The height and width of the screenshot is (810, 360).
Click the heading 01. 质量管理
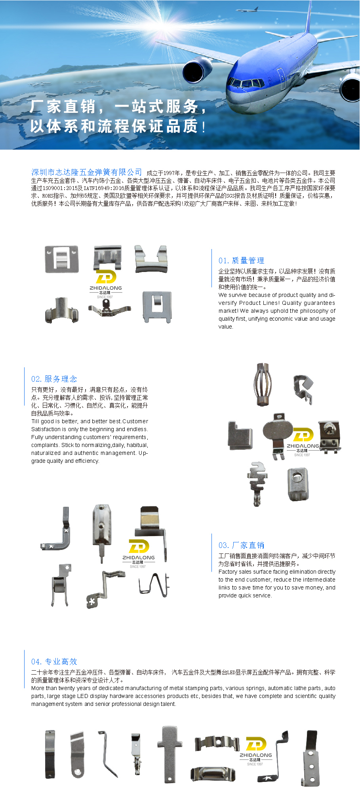(x=241, y=260)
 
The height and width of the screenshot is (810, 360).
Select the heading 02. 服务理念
(x=54, y=379)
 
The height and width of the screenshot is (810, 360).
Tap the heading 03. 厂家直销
(x=241, y=545)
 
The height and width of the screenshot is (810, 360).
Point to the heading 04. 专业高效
(x=54, y=662)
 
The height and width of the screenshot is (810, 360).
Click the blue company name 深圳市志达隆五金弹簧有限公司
(x=87, y=172)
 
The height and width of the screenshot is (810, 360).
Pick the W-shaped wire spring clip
(x=154, y=584)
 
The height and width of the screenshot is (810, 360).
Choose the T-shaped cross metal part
(x=170, y=754)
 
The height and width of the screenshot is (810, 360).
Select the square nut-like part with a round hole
(x=298, y=484)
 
